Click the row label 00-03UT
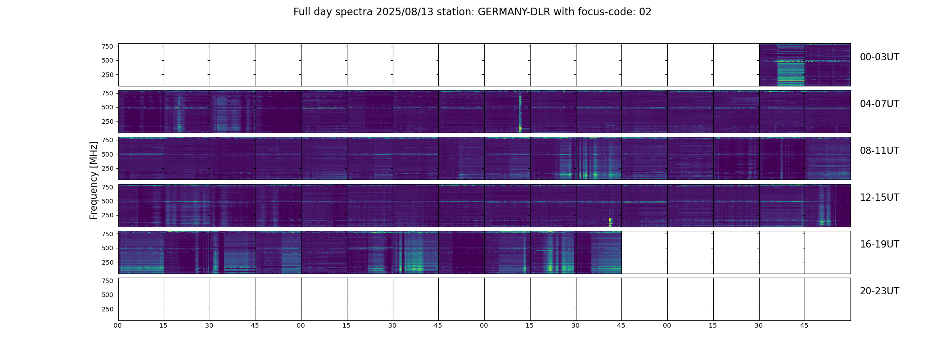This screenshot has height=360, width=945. [x=879, y=57]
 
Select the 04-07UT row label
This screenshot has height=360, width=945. [x=879, y=104]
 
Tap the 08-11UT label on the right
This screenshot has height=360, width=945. [x=879, y=151]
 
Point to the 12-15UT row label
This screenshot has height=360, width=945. [x=879, y=198]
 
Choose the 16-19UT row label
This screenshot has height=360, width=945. [x=879, y=244]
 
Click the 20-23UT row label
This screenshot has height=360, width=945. [x=879, y=291]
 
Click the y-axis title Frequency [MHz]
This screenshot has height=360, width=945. [x=94, y=180]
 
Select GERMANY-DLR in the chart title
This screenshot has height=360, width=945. [x=514, y=12]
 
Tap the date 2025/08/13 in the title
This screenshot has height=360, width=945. [x=403, y=12]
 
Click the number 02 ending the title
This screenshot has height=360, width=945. [x=645, y=12]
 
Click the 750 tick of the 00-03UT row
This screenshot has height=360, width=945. [x=108, y=46]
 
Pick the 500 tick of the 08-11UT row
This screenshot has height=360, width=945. [x=108, y=154]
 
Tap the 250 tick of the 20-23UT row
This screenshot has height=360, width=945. [x=108, y=309]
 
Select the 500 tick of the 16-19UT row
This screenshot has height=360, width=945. [x=108, y=248]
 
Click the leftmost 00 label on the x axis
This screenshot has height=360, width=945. [x=118, y=325]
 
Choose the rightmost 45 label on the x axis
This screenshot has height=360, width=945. [x=804, y=325]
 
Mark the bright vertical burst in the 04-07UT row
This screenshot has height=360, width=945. [x=520, y=112]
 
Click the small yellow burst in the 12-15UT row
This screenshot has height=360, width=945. [x=611, y=221]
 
